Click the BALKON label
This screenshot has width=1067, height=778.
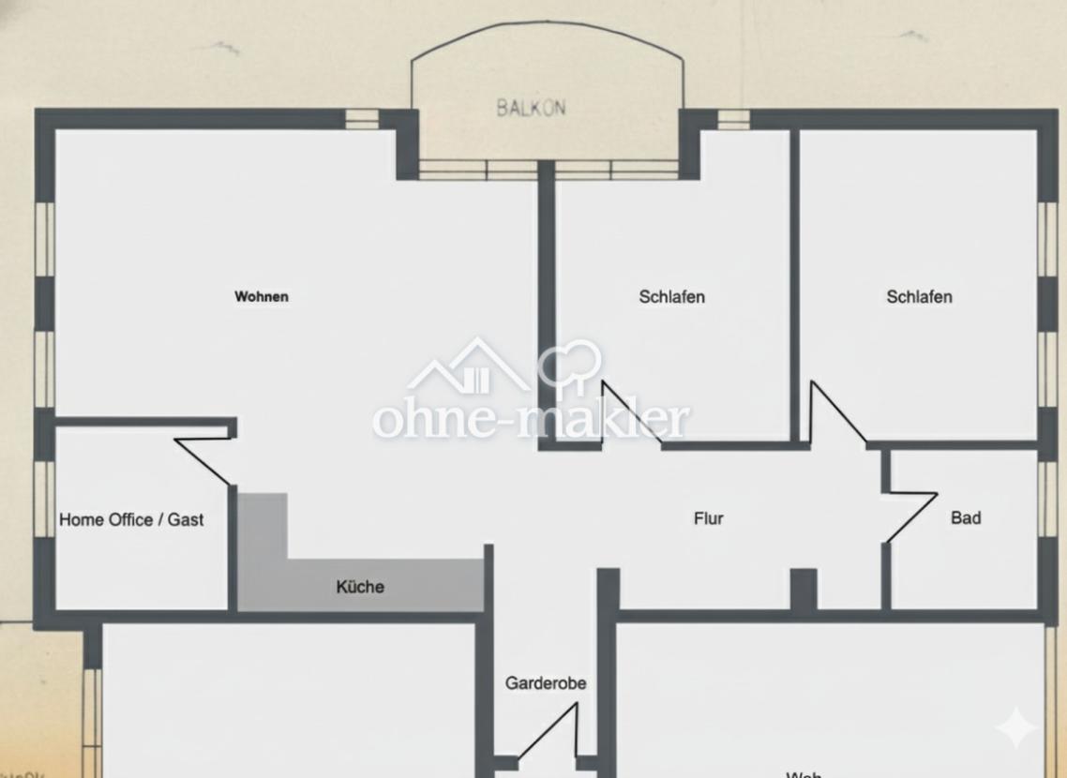pyautogui.click(x=531, y=108)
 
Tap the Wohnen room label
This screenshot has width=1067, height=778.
pyautogui.click(x=262, y=297)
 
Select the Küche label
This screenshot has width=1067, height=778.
pyautogui.click(x=360, y=588)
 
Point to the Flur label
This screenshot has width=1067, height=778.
pyautogui.click(x=708, y=518)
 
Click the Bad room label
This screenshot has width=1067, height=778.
pyautogui.click(x=966, y=517)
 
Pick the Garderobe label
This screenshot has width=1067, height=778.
pyautogui.click(x=546, y=683)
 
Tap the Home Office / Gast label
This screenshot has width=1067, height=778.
pyautogui.click(x=131, y=519)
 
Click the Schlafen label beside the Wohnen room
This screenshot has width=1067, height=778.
pyautogui.click(x=671, y=297)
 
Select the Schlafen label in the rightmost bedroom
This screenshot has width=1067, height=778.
pyautogui.click(x=919, y=297)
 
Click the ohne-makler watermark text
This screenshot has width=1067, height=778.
pyautogui.click(x=531, y=420)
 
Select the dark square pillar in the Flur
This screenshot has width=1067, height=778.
pyautogui.click(x=804, y=590)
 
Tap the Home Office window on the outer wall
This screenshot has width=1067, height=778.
pyautogui.click(x=44, y=497)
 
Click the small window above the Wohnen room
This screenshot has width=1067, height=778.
pyautogui.click(x=362, y=119)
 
